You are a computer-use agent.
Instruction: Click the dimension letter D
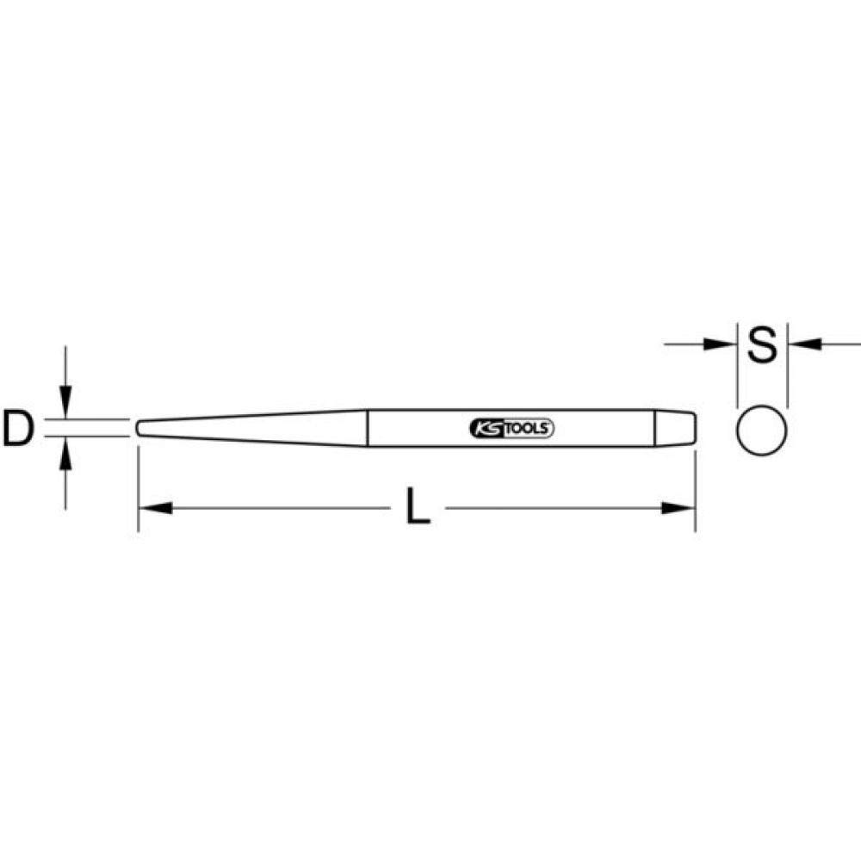coord(17,428)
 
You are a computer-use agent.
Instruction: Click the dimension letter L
coord(418,509)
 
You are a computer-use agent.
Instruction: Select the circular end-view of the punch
coord(762,428)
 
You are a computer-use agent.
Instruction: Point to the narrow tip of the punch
coord(139,427)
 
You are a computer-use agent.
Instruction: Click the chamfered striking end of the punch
coord(685,427)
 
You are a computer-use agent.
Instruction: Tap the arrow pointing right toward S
coord(718,344)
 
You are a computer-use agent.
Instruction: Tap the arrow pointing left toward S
coord(804,344)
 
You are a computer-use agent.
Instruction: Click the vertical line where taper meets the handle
coord(368,427)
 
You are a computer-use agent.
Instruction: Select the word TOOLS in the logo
coord(527,427)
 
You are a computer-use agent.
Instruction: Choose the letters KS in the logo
coord(486,427)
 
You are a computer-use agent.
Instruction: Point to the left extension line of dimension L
coord(139,482)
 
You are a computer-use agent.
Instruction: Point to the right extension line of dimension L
coord(694,482)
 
